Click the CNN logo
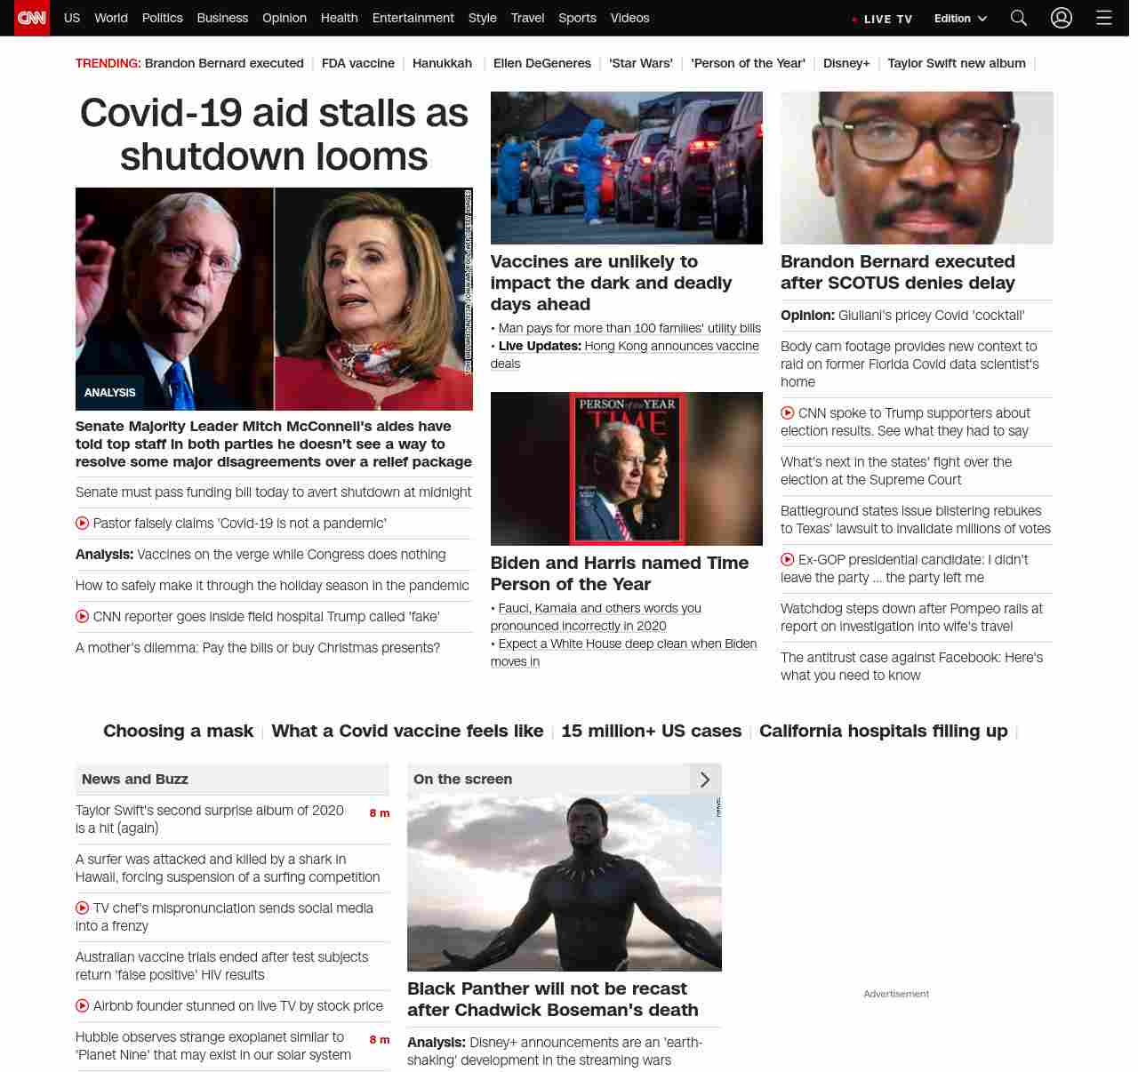coord(32,18)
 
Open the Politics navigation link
coord(162,18)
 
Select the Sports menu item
coord(577,18)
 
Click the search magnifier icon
coord(1019,18)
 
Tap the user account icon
coord(1062,18)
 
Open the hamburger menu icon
coord(1104,18)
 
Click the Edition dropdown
coord(960,19)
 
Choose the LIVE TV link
coord(883,19)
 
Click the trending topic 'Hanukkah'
coord(442,63)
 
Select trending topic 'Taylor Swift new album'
coord(957,63)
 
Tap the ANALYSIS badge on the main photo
coord(110,392)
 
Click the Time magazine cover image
coord(627,468)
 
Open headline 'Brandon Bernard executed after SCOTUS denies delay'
coord(897,272)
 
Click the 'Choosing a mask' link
coord(178,731)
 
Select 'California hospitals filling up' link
coord(883,731)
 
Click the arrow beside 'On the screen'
coord(705,780)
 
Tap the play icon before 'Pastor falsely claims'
coord(83,524)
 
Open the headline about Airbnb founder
coord(237,1005)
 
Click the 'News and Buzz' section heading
coord(135,779)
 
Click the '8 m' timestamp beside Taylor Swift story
coord(380,813)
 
